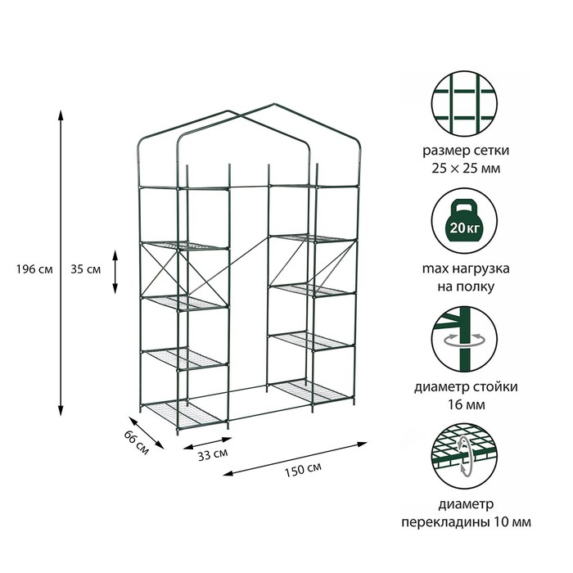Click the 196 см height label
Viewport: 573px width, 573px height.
tap(34, 269)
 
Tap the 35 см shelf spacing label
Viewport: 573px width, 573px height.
tap(85, 269)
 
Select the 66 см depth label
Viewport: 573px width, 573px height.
tap(137, 443)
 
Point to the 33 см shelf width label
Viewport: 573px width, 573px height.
tap(213, 454)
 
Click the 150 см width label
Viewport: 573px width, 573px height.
tap(304, 470)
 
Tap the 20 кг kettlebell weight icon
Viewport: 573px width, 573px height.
tap(464, 221)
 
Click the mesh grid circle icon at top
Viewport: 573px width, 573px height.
tap(464, 104)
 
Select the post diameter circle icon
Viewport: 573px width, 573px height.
tap(464, 339)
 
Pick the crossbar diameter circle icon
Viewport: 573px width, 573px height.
tap(464, 456)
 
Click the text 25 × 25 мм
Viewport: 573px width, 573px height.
tap(466, 169)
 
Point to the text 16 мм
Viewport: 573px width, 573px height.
tap(467, 405)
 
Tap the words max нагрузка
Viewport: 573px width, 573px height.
tap(466, 268)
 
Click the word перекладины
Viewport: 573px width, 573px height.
tap(445, 522)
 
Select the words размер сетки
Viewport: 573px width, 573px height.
tap(466, 151)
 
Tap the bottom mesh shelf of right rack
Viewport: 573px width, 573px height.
tap(310, 391)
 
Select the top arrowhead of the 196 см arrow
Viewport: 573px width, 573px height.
tap(61, 114)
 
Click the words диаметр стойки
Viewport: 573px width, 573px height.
tap(466, 386)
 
